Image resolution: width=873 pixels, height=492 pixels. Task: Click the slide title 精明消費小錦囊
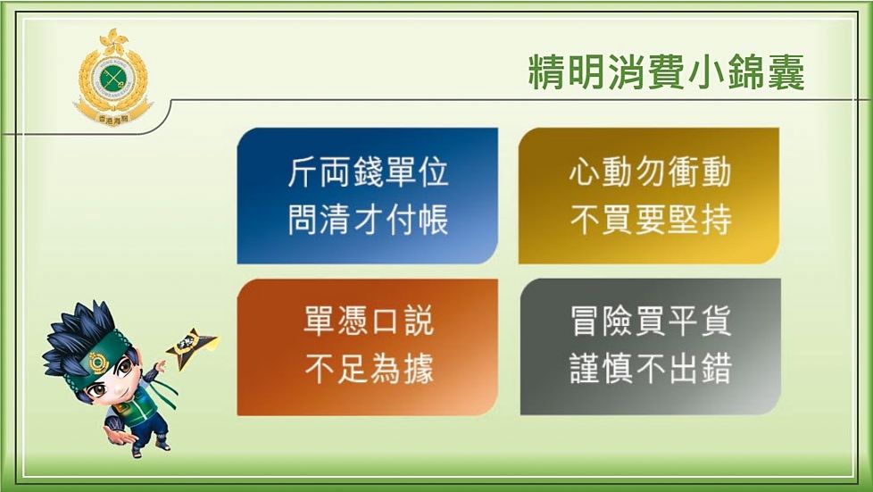click(x=666, y=72)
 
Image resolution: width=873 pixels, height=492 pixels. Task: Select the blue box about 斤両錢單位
click(x=367, y=196)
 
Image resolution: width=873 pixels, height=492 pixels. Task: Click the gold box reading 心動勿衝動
click(x=648, y=196)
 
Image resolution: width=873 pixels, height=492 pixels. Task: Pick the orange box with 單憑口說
click(x=367, y=346)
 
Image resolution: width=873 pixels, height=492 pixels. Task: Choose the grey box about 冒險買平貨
click(x=650, y=346)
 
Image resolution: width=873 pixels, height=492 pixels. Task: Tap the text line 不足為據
click(x=368, y=369)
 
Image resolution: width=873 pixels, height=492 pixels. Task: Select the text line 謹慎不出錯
click(x=650, y=369)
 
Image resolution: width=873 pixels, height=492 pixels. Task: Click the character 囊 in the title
click(x=783, y=72)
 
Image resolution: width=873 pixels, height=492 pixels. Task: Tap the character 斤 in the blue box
click(x=303, y=172)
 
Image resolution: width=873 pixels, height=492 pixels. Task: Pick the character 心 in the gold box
click(x=585, y=172)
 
